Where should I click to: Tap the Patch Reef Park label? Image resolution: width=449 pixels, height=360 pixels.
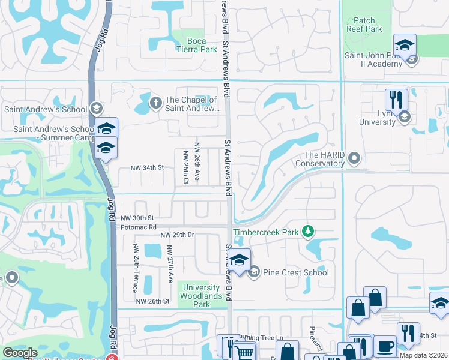click(x=364, y=25)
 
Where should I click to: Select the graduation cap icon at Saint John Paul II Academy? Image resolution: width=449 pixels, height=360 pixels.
click(x=405, y=46)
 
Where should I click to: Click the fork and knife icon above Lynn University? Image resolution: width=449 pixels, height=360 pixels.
click(x=396, y=99)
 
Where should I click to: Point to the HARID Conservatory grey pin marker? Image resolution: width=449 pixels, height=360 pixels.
click(x=354, y=158)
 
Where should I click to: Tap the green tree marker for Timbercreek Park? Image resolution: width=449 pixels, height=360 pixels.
click(x=308, y=231)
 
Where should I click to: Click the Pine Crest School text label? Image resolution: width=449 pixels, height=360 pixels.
click(x=295, y=272)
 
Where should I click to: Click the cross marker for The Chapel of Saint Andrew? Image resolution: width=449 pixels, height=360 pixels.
click(x=155, y=103)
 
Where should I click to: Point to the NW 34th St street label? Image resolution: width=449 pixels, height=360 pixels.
click(x=148, y=168)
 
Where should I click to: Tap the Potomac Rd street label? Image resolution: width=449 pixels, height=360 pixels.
click(x=138, y=227)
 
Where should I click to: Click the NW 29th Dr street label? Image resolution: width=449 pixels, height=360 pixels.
click(x=179, y=234)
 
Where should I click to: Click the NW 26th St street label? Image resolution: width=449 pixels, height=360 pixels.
click(x=152, y=301)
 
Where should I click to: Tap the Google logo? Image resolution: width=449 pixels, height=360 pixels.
click(x=20, y=353)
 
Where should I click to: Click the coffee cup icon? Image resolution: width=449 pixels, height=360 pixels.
click(x=385, y=346)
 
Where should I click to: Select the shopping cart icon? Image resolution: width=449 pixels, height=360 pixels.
click(x=244, y=352)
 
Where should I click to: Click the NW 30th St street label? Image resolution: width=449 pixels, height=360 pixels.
click(x=137, y=218)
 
